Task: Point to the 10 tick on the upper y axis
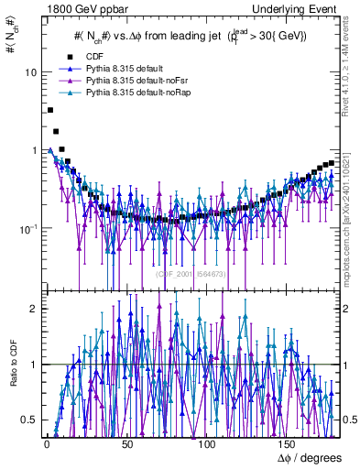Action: [x=30, y=72]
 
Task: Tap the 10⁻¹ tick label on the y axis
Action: [x=27, y=228]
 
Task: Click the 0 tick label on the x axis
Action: [x=47, y=443]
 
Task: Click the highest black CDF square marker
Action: [x=49, y=110]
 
